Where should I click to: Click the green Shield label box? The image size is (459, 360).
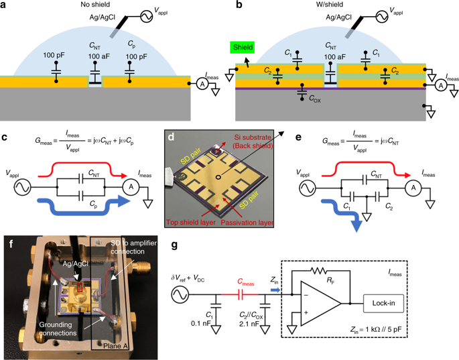click(x=243, y=47)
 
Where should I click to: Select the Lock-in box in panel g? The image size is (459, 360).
click(x=383, y=303)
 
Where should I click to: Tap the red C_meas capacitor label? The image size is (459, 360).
click(x=246, y=282)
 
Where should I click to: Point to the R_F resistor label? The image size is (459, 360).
click(x=330, y=281)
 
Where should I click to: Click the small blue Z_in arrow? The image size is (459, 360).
click(x=275, y=290)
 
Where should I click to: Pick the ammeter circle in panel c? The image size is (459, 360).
click(x=131, y=187)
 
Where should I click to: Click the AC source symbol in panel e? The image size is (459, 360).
click(x=308, y=188)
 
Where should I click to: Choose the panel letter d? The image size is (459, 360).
click(x=171, y=137)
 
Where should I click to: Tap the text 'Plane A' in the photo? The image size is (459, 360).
click(x=116, y=346)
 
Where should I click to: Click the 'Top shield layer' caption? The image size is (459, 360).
click(x=191, y=223)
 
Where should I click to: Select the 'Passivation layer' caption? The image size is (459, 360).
click(x=247, y=223)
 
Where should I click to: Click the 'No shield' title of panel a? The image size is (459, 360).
click(x=95, y=5)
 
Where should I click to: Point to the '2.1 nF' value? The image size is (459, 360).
click(x=249, y=324)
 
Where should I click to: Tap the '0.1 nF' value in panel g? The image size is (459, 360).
click(x=201, y=324)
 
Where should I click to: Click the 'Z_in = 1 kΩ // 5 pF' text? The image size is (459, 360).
click(x=376, y=329)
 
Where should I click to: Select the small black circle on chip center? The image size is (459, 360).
click(x=218, y=177)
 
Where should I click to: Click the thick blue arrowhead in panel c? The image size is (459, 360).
click(x=124, y=201)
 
